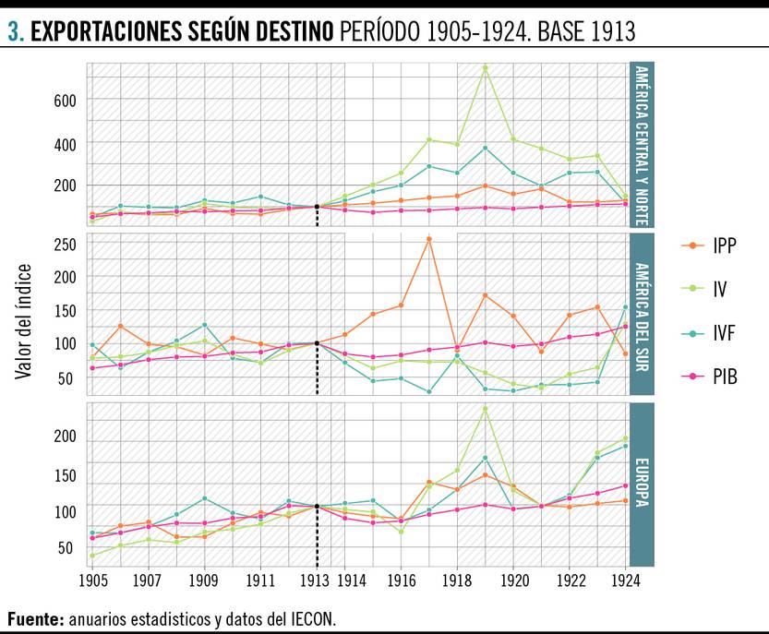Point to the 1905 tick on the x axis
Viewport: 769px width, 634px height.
pos(92,582)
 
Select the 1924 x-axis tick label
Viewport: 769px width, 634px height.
pos(627,582)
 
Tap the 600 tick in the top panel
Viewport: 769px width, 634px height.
pos(64,100)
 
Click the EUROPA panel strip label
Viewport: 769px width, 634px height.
pos(642,484)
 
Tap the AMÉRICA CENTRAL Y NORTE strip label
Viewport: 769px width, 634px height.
pos(642,145)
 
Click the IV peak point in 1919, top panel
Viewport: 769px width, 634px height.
pos(486,67)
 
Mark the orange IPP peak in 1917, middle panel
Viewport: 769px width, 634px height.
pos(429,239)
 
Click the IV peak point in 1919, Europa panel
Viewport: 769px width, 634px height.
pos(486,408)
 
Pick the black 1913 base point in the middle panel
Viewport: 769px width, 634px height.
pos(317,343)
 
